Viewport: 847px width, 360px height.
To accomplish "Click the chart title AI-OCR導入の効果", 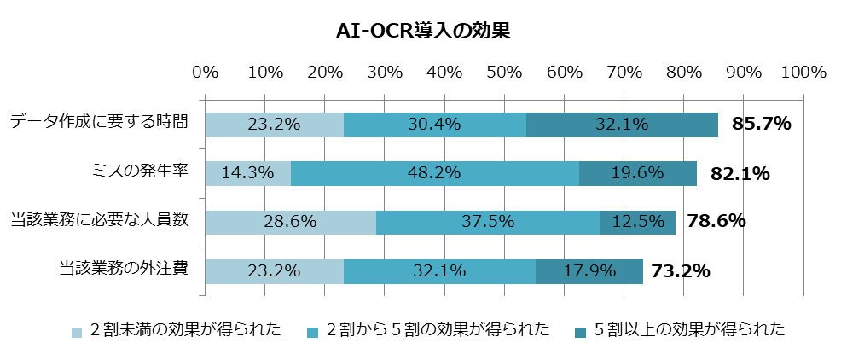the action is point(423,32).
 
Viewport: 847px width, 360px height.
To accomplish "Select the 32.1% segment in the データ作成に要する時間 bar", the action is point(623,125).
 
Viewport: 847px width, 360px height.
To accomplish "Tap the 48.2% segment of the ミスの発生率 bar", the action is point(435,173).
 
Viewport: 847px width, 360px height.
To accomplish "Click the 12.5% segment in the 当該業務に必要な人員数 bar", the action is point(638,222).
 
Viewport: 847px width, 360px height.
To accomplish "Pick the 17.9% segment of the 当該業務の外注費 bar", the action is point(589,271).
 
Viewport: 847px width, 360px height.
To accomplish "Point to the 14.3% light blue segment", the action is point(248,173).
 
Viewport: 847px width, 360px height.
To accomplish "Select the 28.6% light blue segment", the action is point(291,222).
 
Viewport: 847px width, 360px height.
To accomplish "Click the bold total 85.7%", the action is point(761,125).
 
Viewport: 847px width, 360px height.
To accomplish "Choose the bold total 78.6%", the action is point(716,221).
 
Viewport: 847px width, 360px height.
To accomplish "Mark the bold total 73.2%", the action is point(680,270).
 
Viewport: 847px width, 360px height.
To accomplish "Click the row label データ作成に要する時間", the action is point(100,122).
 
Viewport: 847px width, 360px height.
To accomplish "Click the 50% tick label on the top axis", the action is point(503,72).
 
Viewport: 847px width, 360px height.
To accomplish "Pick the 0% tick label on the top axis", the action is point(206,72).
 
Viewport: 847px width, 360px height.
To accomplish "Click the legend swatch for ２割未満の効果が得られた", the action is point(78,332).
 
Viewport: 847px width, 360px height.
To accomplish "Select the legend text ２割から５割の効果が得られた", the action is point(438,329).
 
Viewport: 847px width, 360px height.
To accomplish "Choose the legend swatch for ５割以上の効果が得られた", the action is point(581,332).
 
